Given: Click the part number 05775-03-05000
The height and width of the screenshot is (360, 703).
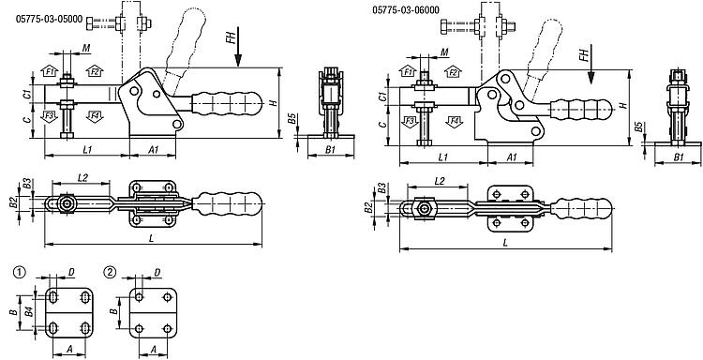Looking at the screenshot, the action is [50, 20].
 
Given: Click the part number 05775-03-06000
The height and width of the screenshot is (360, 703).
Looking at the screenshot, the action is [406, 10].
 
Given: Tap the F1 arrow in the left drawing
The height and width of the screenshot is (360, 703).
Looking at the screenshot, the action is [49, 70].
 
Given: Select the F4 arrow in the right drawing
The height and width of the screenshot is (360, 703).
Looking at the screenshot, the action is [455, 121].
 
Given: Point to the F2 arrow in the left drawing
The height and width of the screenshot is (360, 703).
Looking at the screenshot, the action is [95, 70].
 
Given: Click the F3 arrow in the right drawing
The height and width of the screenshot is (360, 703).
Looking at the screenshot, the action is [409, 121].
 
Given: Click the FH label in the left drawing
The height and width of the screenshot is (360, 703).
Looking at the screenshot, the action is [231, 36].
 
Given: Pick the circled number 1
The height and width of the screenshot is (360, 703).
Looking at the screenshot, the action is [19, 272].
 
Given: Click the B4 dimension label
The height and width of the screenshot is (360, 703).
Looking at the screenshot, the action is [28, 310].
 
